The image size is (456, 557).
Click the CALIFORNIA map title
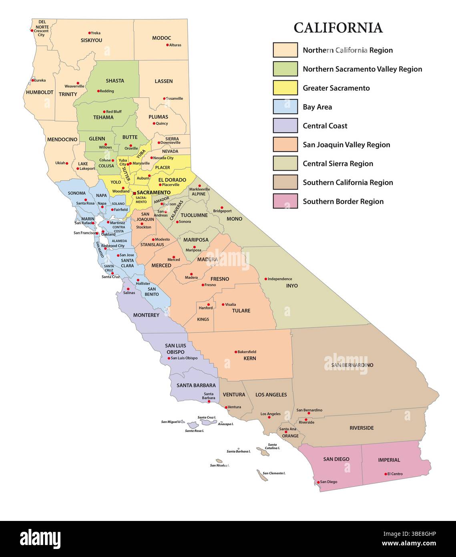338,28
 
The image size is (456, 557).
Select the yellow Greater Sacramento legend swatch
285,88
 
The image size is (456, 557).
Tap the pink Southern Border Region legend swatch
285,201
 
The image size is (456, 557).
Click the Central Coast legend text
325,126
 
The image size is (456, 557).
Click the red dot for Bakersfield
236,352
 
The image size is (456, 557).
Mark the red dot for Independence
265,279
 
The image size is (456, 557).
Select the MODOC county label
161,38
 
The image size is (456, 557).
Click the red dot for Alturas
167,45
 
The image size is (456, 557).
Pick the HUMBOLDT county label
40,92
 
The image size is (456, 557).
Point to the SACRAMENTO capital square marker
134,193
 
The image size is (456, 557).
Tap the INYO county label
292,286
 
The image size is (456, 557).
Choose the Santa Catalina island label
272,446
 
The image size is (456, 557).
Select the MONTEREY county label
146,315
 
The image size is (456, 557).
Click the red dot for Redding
98,91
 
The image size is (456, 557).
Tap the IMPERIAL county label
389,460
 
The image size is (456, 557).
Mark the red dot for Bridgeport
222,208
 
